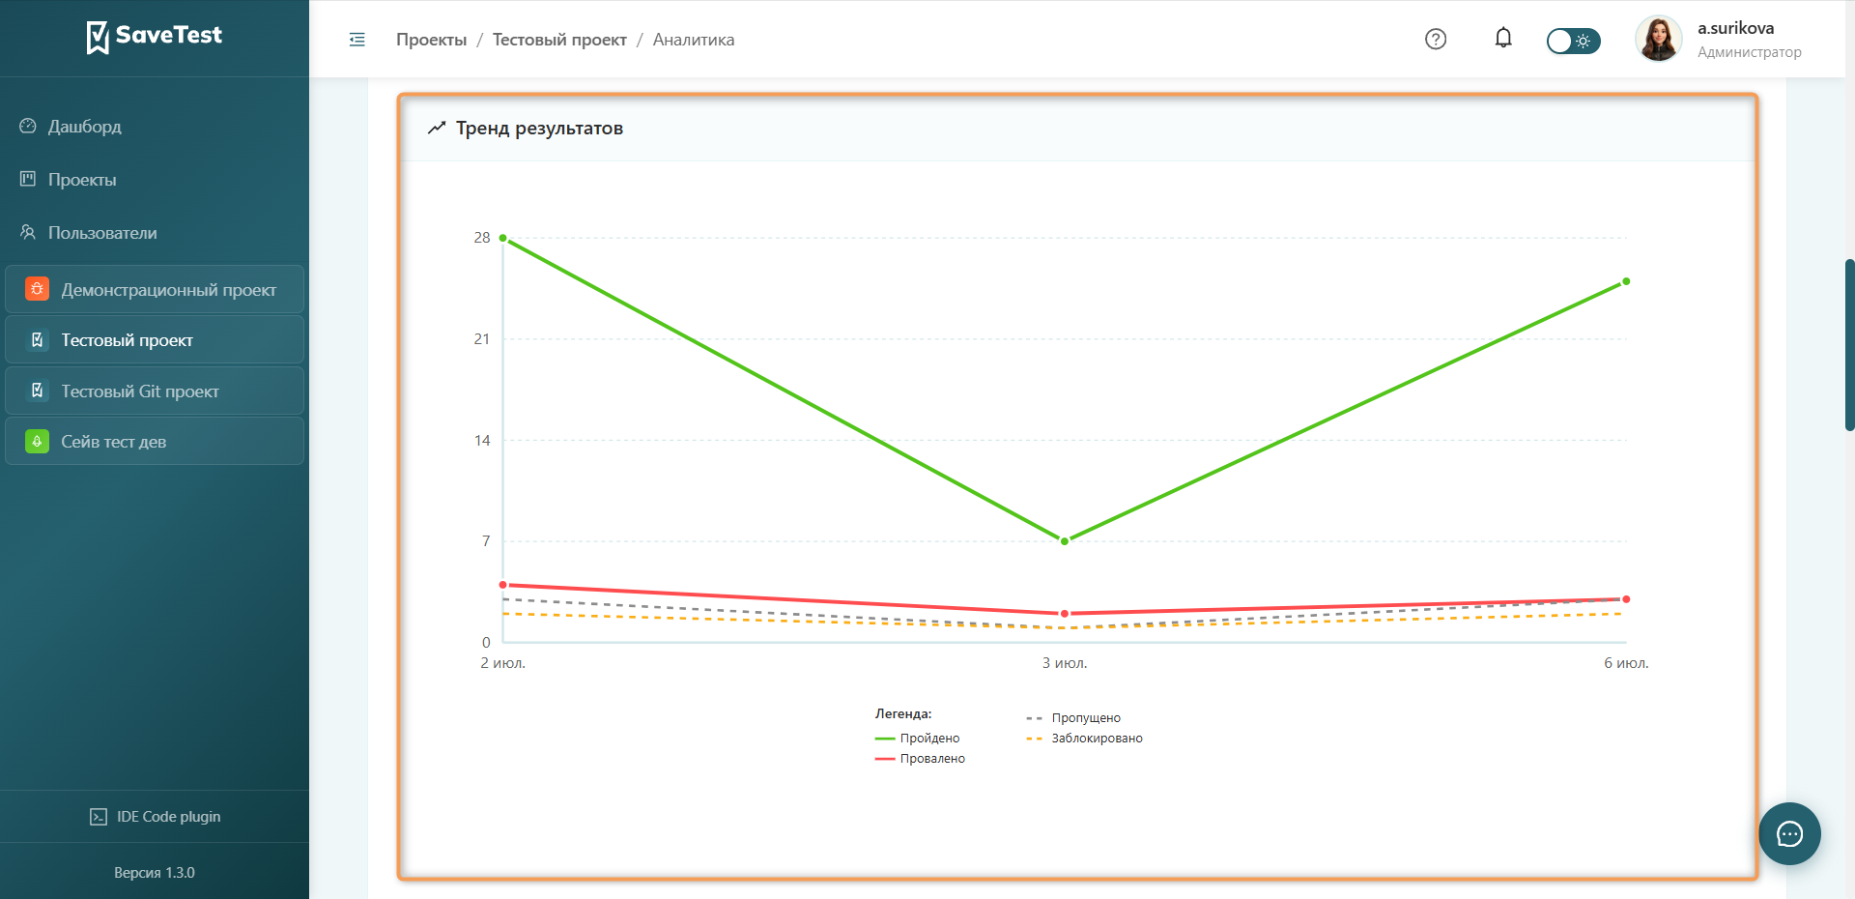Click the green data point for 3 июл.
coord(1065,541)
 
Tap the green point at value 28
coord(503,238)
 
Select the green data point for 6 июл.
coord(1626,281)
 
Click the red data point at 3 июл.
coord(1065,614)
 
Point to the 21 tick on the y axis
coord(481,339)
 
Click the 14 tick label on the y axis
coord(481,441)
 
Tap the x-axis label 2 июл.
coord(502,663)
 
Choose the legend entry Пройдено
coord(917,739)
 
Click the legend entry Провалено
coord(920,759)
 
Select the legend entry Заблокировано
coord(1084,739)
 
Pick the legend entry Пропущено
coord(1073,718)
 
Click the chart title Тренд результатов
coord(539,129)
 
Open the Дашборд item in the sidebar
coord(85,127)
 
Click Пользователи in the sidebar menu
coord(102,233)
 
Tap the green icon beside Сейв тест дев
coord(37,442)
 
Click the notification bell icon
coord(1503,39)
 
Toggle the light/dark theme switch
coord(1573,41)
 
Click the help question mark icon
coord(1436,39)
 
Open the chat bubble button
coord(1789,833)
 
